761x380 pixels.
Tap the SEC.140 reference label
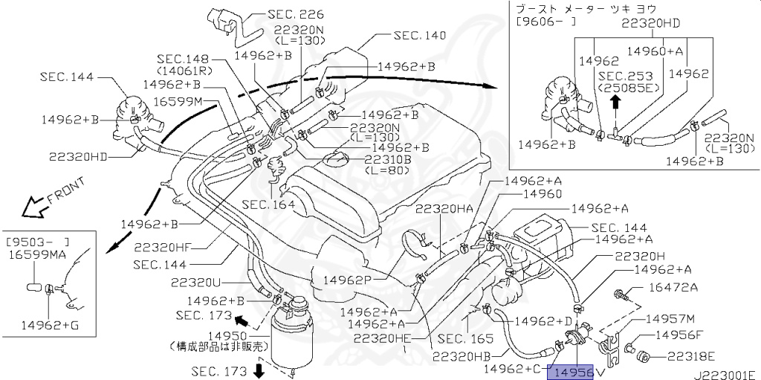pyautogui.click(x=420, y=35)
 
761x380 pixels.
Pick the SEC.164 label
pyautogui.click(x=271, y=205)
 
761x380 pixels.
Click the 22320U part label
pyautogui.click(x=195, y=283)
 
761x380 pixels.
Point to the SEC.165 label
pyautogui.click(x=465, y=338)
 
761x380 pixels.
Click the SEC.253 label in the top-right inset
pyautogui.click(x=625, y=77)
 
